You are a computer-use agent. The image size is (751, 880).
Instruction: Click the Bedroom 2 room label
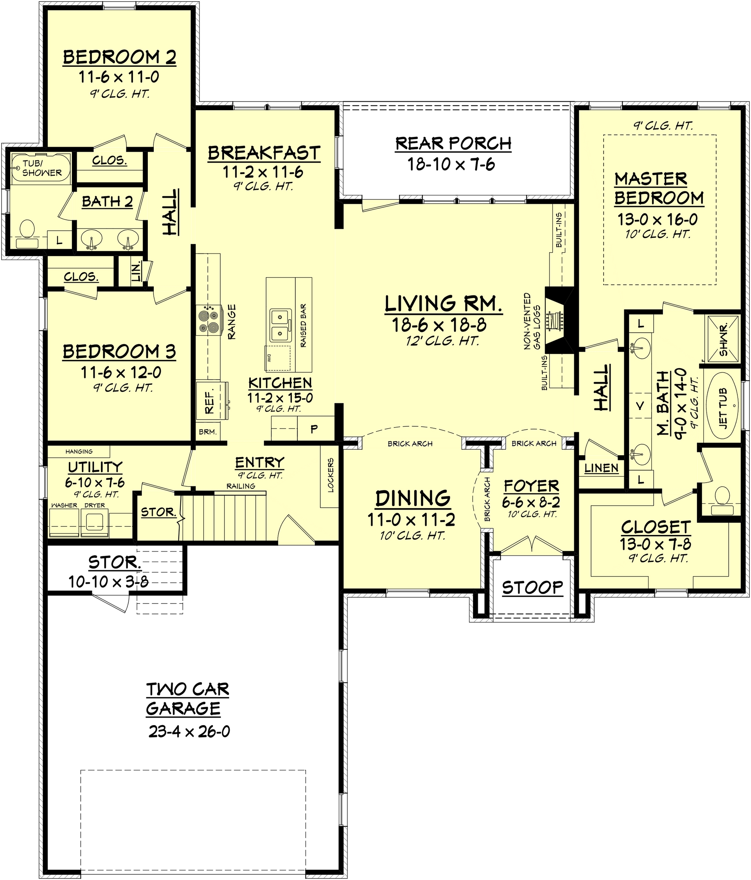coord(119,57)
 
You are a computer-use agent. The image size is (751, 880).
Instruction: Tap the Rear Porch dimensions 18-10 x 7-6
coord(451,164)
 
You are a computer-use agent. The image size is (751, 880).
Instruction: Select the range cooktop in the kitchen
coord(208,321)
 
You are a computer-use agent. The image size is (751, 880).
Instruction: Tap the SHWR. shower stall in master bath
coord(723,338)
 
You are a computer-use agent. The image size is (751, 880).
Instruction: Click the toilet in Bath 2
coord(27,229)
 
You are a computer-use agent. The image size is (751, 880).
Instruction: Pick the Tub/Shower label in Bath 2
coord(41,169)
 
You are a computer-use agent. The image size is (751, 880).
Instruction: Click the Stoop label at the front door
coord(532,588)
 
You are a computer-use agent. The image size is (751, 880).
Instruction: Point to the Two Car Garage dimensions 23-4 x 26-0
coord(189,731)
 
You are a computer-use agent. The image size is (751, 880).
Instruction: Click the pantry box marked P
coord(314,429)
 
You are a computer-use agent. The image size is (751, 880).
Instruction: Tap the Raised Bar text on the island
coord(303,326)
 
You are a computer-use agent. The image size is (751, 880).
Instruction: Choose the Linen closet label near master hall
coord(602,468)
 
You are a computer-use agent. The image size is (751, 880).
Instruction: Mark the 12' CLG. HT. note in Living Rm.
coord(442,341)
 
